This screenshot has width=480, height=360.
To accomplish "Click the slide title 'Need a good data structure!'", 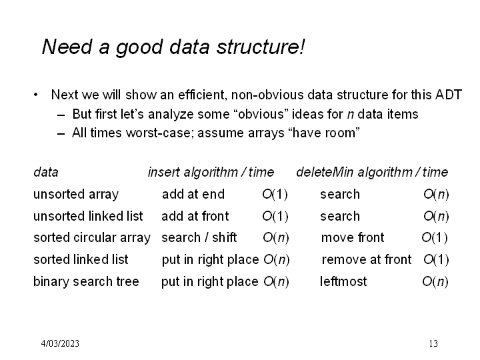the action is click(x=173, y=47).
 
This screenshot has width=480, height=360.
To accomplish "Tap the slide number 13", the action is click(x=433, y=343).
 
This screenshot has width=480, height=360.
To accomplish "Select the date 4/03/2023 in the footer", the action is click(x=60, y=343).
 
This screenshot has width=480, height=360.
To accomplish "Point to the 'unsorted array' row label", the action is click(x=76, y=195).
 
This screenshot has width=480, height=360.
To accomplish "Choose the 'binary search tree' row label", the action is click(x=86, y=281).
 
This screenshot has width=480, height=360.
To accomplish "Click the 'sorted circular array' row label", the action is click(x=92, y=238).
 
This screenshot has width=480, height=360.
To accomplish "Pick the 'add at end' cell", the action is click(x=193, y=194).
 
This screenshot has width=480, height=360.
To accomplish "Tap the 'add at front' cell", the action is click(x=195, y=216).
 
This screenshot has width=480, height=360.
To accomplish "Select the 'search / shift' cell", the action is click(x=199, y=237).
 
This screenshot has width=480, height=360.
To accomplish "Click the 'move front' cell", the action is click(x=353, y=237).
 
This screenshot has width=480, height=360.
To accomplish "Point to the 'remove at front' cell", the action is click(x=367, y=259).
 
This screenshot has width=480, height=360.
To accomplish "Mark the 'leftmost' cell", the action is click(x=343, y=281).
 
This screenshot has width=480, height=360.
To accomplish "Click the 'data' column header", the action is click(x=46, y=173).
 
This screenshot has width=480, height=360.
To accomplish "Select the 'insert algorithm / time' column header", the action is click(x=211, y=173).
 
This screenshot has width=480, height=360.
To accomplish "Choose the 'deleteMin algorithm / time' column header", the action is click(x=372, y=173).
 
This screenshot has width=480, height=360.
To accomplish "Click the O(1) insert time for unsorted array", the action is click(x=275, y=195).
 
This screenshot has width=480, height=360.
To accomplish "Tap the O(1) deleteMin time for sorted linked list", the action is click(x=436, y=260).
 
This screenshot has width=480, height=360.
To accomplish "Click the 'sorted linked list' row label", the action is click(x=81, y=259).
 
